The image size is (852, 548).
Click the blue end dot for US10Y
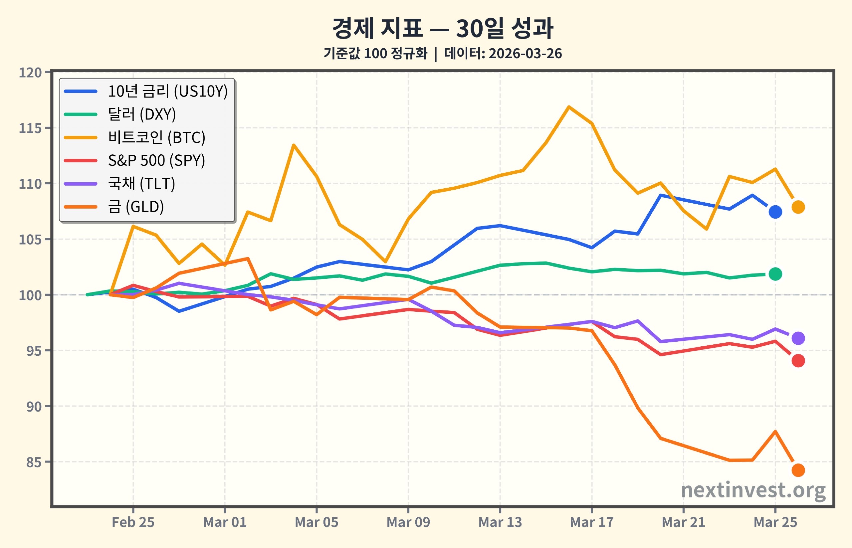775,212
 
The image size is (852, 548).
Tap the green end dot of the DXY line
775,274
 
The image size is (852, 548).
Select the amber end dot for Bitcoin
798,207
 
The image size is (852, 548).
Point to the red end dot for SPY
798,361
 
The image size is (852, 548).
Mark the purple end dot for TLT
798,338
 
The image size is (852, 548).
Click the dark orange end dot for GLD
798,470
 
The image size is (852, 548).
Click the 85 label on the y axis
34,462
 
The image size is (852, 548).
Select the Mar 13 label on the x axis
500,522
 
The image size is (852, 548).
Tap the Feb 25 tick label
133,522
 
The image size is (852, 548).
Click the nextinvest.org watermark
753,491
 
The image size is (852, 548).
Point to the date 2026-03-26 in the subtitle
525,54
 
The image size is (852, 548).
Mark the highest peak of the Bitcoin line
569,106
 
